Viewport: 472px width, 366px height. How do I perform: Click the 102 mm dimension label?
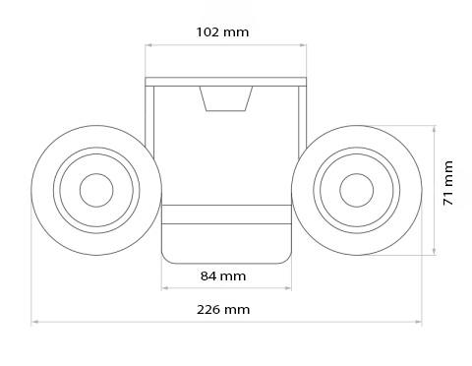tap(223, 31)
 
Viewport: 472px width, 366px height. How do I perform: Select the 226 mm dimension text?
tap(223, 309)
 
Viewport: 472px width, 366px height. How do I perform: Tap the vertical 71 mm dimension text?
tap(448, 184)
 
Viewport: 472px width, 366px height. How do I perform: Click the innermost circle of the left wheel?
tap(96, 190)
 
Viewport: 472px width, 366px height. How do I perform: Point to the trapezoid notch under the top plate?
tap(226, 98)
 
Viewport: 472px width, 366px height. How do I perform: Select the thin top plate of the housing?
tap(225, 81)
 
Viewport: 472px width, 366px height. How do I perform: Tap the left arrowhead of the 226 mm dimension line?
tap(34, 322)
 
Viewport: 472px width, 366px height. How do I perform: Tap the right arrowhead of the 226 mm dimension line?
tap(418, 322)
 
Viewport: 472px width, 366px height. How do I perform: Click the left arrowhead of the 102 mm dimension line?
tap(148, 44)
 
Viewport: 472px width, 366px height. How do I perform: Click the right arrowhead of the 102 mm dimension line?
tap(303, 44)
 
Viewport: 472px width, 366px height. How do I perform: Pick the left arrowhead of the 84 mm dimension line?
tap(164, 287)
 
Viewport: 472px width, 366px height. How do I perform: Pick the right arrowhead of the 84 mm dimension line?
tap(288, 287)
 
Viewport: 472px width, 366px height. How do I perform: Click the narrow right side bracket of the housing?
tap(302, 123)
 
